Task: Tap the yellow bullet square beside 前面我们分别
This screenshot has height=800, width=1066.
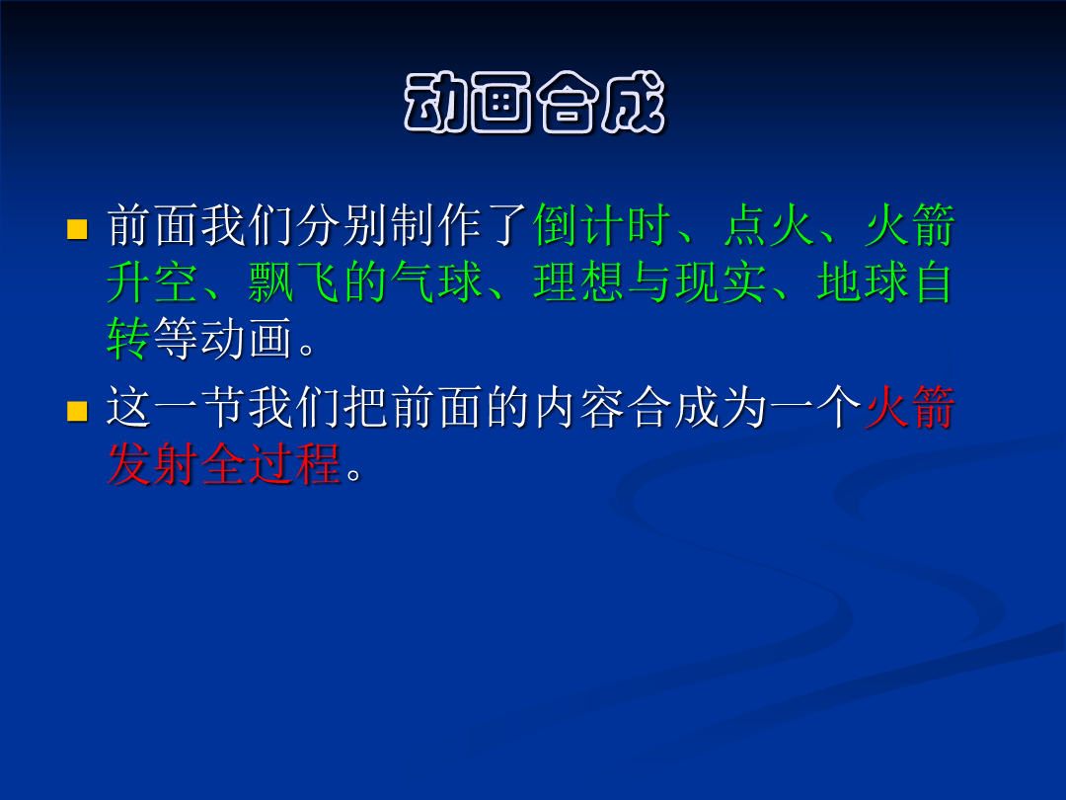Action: point(78,229)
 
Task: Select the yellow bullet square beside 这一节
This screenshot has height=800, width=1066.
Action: point(78,411)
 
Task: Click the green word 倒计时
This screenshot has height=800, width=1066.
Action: point(602,225)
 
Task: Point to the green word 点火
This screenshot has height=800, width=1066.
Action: point(768,225)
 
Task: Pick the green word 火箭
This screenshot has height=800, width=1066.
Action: point(910,225)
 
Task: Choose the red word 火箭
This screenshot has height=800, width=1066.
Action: point(910,407)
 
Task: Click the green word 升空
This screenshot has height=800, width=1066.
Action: point(152,281)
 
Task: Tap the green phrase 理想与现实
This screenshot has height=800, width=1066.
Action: point(649,281)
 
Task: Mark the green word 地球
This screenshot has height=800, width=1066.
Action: point(863,281)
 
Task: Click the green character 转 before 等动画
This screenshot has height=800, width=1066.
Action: point(129,338)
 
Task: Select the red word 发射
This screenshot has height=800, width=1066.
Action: point(152,464)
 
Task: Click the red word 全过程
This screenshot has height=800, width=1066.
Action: point(270,464)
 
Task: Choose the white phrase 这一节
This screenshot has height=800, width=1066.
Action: point(177,407)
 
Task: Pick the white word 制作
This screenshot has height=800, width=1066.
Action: point(436,225)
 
